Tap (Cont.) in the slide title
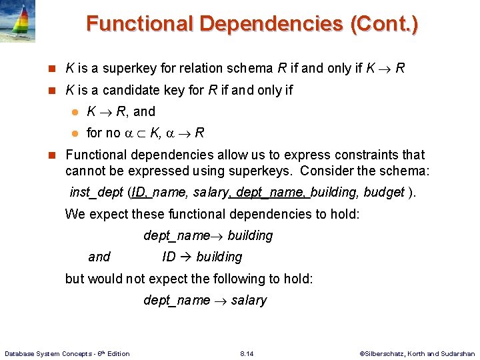[x=384, y=25]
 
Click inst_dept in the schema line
[x=96, y=193]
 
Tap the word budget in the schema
[x=385, y=193]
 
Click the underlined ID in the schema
[x=140, y=193]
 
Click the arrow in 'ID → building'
[x=185, y=257]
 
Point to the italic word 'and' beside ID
[x=99, y=257]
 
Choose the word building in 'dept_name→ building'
[x=250, y=236]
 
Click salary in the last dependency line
[x=249, y=301]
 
